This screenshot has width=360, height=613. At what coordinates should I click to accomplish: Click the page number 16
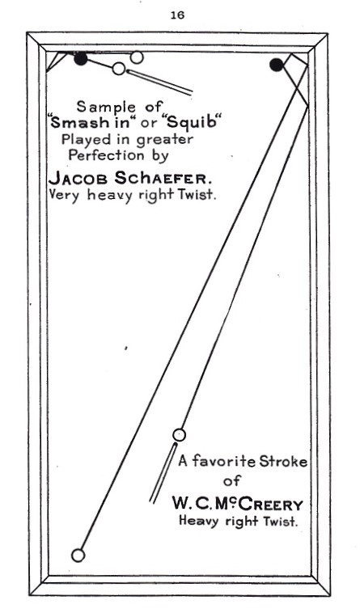[177, 15]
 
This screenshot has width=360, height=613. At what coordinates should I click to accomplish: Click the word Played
[83, 140]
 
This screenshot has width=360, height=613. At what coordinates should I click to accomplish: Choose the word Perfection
[106, 155]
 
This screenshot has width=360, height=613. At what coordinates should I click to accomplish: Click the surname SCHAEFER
[163, 178]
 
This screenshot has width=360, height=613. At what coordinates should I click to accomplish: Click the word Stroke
[283, 461]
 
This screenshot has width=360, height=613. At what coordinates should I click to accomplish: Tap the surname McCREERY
[257, 505]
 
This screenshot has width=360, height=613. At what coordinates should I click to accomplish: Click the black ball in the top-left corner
[81, 59]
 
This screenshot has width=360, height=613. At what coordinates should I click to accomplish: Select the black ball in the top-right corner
[277, 65]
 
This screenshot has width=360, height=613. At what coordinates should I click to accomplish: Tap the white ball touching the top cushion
[137, 57]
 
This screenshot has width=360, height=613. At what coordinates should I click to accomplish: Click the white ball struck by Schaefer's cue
[119, 69]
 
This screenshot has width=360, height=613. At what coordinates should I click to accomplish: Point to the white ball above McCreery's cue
[179, 434]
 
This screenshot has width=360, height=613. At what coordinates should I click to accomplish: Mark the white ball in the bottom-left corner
[78, 555]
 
